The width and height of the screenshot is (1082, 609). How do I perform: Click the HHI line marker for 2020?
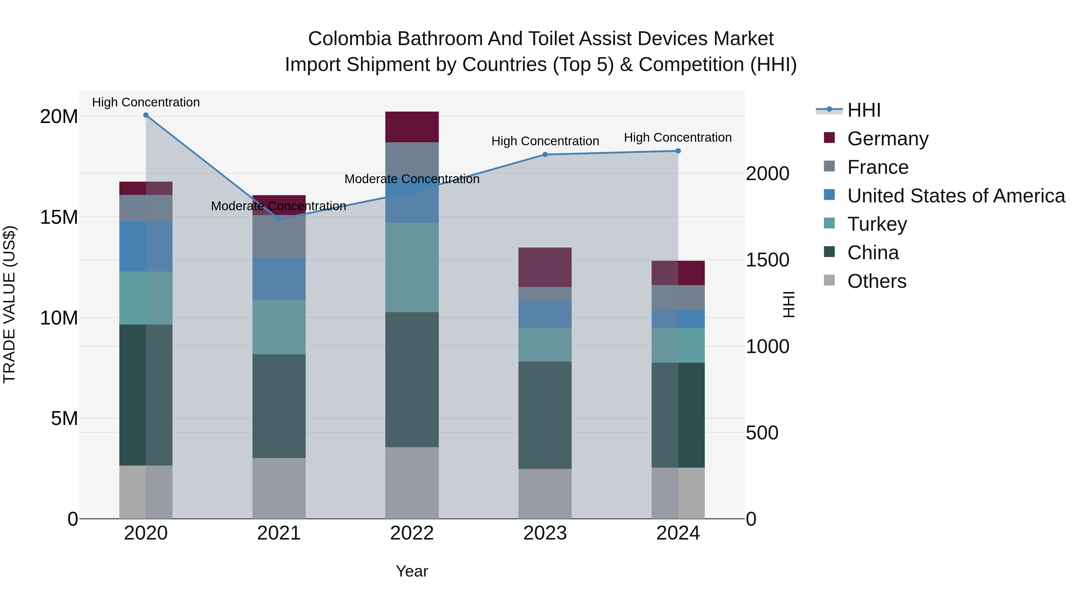point(146,115)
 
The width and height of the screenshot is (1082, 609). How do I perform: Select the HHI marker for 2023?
point(545,155)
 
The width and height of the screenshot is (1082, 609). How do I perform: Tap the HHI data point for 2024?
point(678,151)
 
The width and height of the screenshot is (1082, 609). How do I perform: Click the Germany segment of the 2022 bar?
point(412,127)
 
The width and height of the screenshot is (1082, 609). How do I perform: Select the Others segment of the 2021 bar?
point(279,488)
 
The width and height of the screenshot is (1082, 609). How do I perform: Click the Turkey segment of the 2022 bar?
point(412,267)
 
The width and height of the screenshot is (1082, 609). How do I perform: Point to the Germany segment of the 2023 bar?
point(545,267)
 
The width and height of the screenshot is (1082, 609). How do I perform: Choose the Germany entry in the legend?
point(887,139)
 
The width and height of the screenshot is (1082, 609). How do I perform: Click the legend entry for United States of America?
point(955,196)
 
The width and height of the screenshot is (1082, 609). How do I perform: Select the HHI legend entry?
point(863,110)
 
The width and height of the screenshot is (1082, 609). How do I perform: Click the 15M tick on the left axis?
point(59,217)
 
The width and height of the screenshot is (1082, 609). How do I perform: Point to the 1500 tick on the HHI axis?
point(767,260)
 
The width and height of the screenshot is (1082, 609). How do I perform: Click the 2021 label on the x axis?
point(279,533)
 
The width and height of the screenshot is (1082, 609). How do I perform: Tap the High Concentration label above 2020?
point(146,102)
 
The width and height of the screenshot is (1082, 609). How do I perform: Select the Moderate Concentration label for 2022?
point(412,179)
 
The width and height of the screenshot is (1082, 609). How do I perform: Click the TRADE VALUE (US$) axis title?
point(9,304)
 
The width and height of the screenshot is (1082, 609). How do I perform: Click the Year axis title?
point(412,571)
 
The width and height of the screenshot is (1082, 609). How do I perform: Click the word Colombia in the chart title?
point(350,39)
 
